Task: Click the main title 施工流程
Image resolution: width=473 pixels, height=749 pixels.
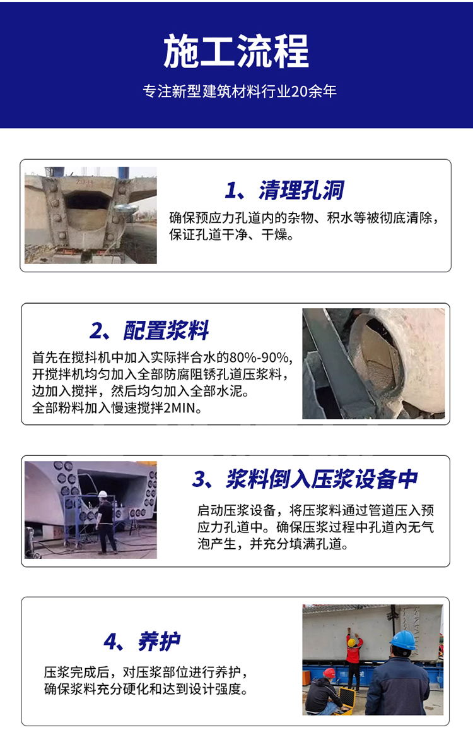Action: click(x=237, y=51)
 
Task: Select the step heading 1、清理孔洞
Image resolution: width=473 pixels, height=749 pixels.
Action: click(x=284, y=190)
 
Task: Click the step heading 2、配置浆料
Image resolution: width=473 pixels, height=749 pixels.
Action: click(x=149, y=330)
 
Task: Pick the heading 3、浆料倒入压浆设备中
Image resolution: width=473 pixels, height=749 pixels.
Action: click(x=305, y=479)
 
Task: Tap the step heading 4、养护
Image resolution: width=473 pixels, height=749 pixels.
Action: click(x=142, y=642)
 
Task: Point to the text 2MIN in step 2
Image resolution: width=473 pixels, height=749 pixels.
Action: click(x=181, y=408)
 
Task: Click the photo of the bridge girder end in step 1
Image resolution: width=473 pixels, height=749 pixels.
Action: click(x=91, y=215)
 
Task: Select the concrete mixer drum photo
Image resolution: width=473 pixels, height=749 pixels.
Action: click(x=373, y=363)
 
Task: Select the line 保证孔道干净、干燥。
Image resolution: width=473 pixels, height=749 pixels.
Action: click(x=231, y=236)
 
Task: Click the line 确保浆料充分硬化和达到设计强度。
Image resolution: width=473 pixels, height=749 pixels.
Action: click(x=146, y=689)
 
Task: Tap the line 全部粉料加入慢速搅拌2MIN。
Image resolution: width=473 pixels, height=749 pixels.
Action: click(x=117, y=408)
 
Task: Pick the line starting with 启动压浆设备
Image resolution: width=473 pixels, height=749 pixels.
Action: click(x=315, y=510)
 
